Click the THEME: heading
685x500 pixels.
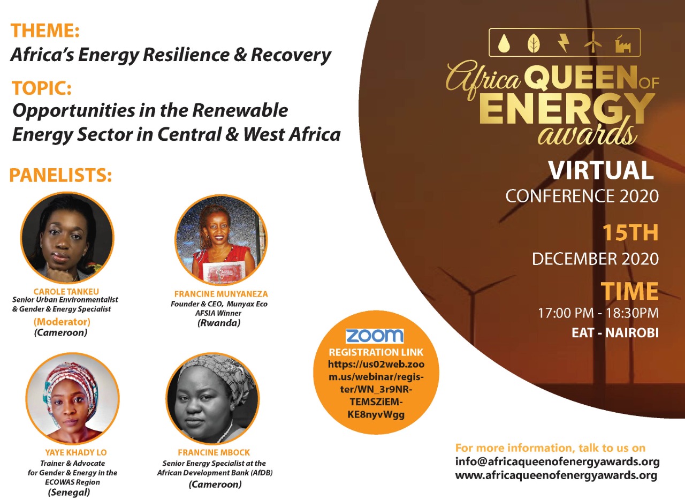tap(45, 31)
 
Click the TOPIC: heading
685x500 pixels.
tap(42, 88)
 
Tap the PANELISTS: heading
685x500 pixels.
tap(60, 175)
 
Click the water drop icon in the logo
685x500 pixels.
tap(503, 43)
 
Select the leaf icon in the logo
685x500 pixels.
tap(534, 43)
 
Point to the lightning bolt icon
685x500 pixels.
tap(564, 43)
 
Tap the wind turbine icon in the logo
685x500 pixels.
tap(593, 42)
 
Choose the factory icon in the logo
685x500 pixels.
tap(623, 44)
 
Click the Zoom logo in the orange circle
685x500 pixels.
tap(375, 336)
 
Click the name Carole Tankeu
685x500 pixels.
tap(66, 291)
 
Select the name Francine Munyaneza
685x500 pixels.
tap(221, 294)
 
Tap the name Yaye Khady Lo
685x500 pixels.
tap(76, 452)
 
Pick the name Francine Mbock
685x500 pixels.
tap(214, 452)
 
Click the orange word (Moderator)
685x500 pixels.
tap(62, 322)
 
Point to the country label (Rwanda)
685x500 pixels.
tap(219, 323)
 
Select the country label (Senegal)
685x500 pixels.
tap(69, 492)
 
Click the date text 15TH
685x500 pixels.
tap(630, 233)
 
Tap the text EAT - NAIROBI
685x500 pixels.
tap(615, 333)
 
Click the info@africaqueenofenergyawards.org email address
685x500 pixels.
tap(557, 462)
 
